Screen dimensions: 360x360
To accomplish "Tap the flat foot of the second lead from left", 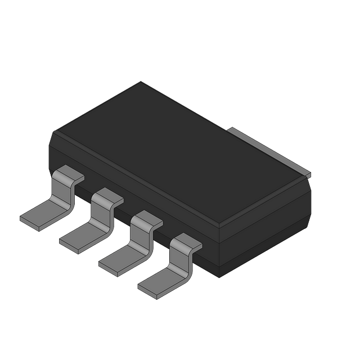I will pyautogui.click(x=79, y=238).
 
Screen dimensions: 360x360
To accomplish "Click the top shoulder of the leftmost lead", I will pyautogui.click(x=70, y=174).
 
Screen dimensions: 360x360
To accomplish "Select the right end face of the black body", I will pyautogui.click(x=264, y=225).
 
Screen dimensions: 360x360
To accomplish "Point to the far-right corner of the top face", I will pyautogui.click(x=310, y=179).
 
